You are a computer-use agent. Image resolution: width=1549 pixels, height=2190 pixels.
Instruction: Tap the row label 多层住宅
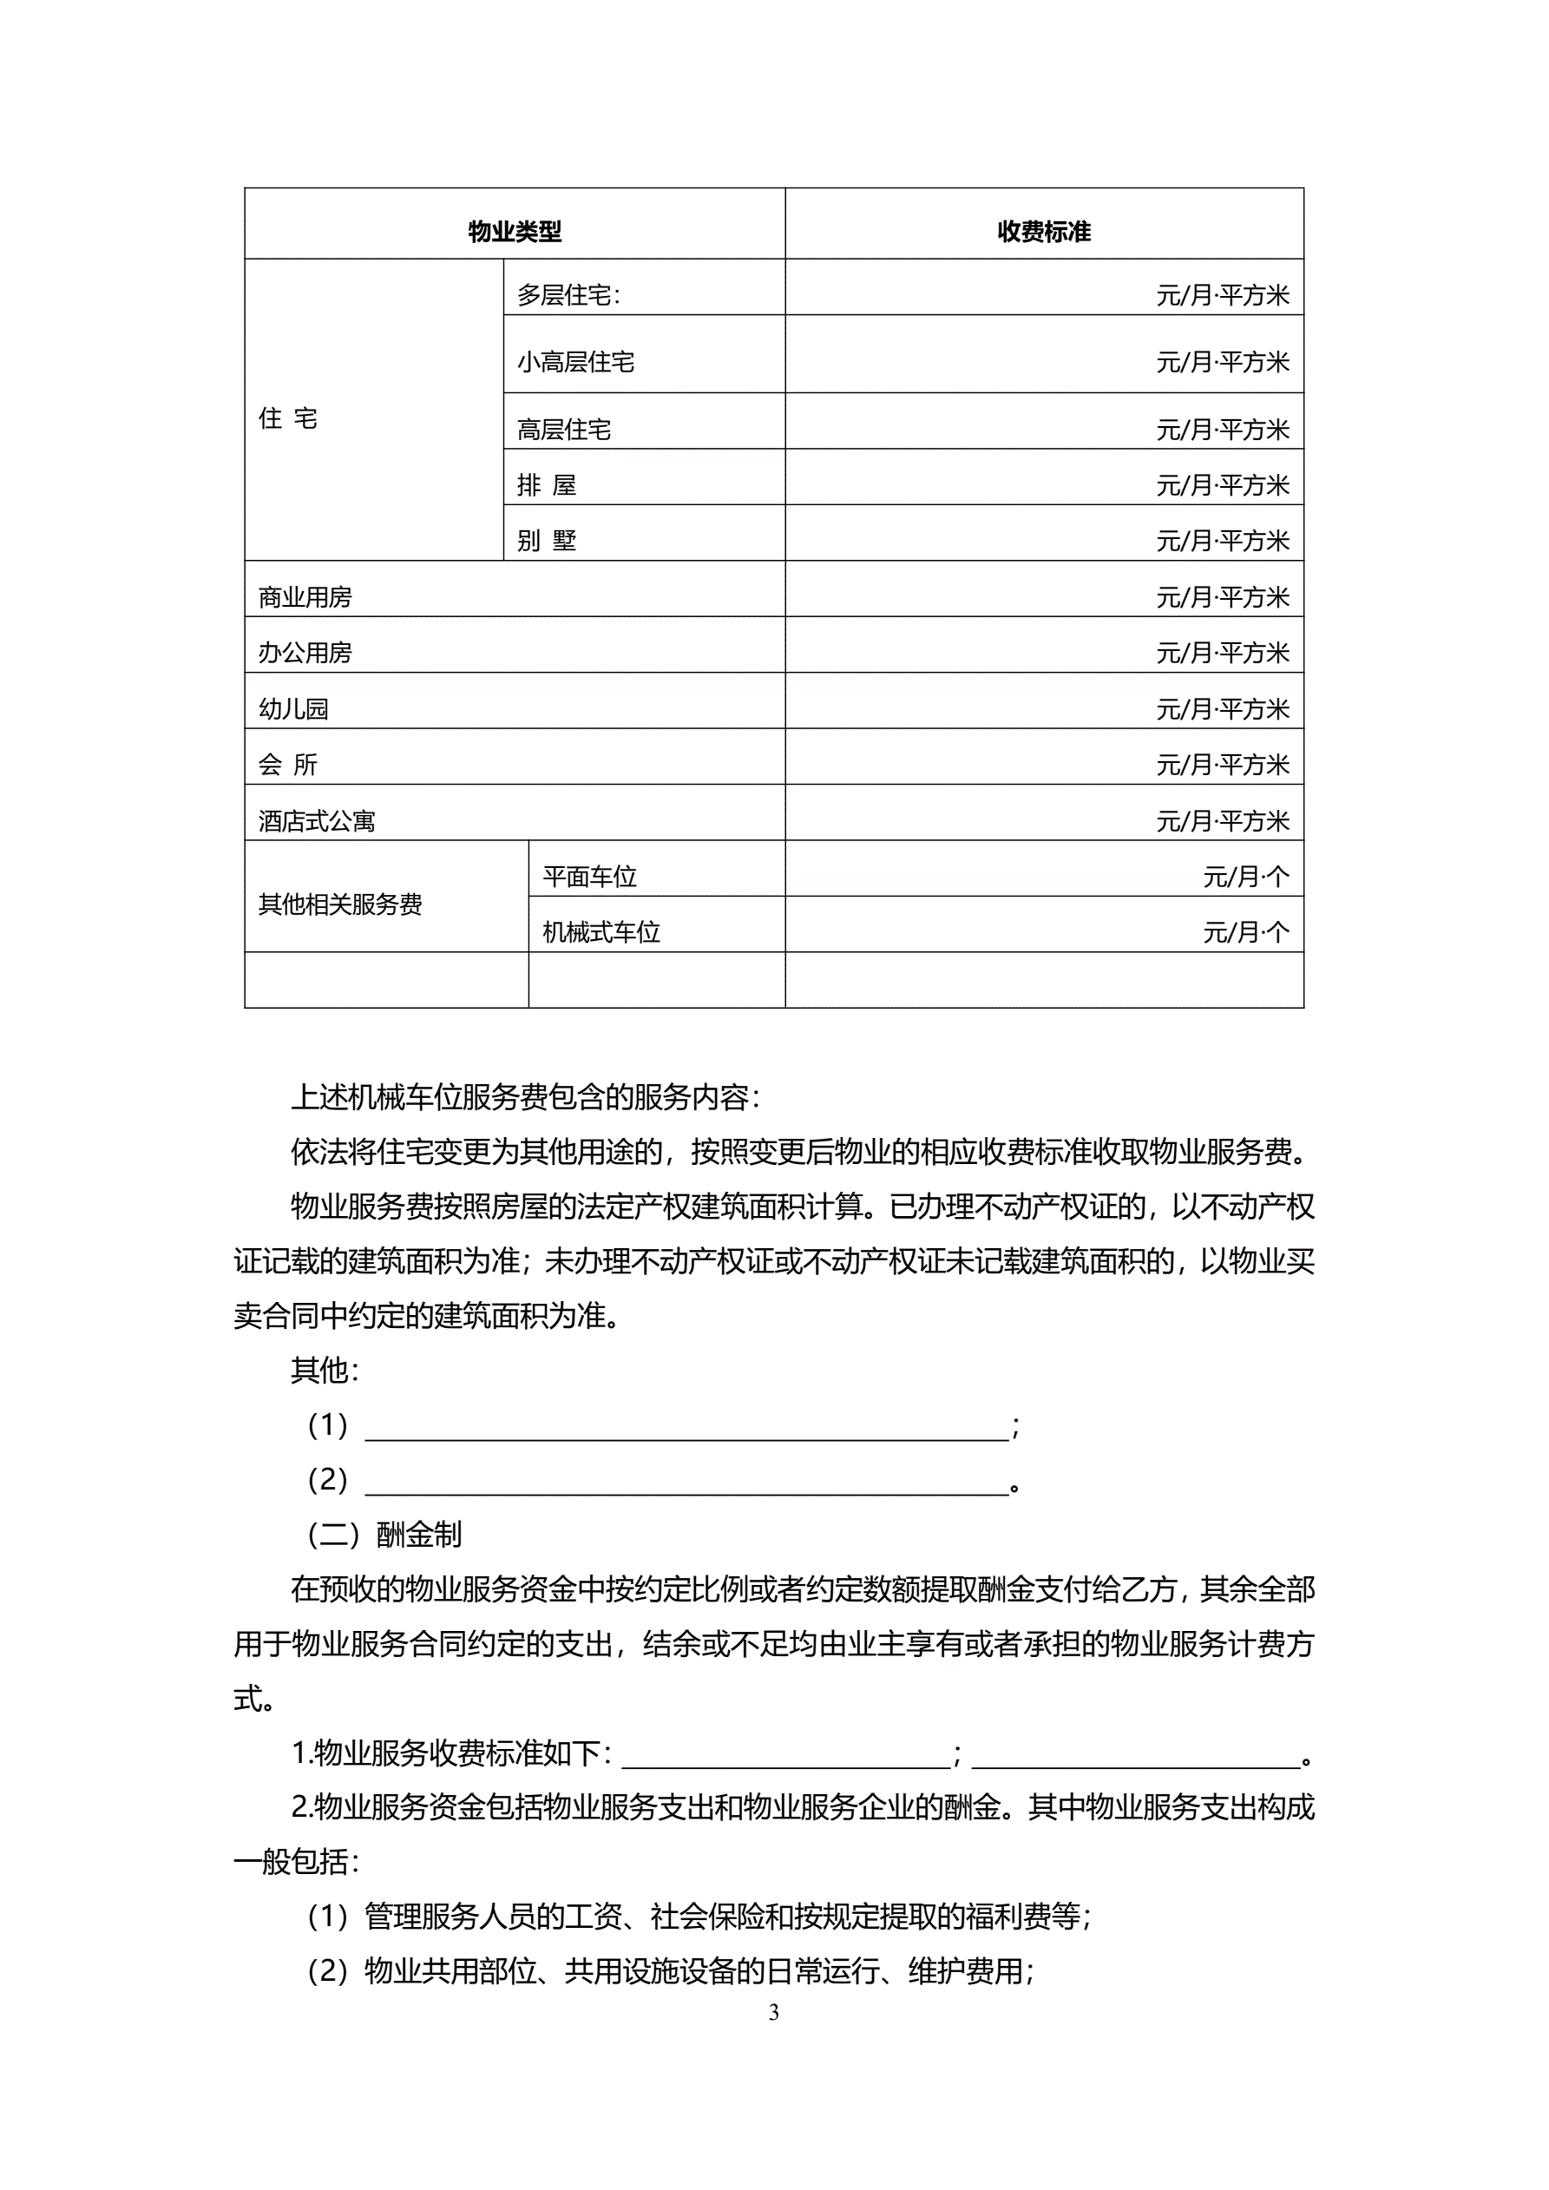[x=568, y=296]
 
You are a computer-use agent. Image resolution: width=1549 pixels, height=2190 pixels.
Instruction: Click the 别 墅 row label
[x=547, y=541]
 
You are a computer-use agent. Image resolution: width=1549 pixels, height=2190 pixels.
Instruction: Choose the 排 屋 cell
[x=547, y=485]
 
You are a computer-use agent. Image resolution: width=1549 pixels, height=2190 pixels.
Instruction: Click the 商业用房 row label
[x=305, y=597]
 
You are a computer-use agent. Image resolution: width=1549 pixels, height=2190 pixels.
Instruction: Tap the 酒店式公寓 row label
[x=317, y=820]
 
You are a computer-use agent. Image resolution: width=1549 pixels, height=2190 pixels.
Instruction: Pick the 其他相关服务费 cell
[x=340, y=904]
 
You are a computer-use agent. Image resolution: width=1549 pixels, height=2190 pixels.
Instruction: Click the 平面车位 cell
[x=589, y=876]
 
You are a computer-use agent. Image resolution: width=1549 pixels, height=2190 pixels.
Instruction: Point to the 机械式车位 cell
[x=601, y=932]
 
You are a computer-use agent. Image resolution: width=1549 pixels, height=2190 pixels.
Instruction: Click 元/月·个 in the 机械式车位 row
[x=1245, y=932]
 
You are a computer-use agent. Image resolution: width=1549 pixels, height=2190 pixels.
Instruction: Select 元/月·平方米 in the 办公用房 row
[x=1223, y=653]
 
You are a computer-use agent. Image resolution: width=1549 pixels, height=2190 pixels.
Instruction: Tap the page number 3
[x=773, y=2012]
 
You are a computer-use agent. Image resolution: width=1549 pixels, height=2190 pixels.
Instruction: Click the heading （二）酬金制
[x=384, y=1535]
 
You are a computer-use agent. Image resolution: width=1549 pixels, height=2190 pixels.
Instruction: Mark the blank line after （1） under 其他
[x=686, y=1427]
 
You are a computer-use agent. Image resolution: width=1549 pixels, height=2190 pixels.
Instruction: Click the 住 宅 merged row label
[x=288, y=418]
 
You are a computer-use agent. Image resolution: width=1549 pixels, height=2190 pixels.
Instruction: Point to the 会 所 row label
[x=288, y=764]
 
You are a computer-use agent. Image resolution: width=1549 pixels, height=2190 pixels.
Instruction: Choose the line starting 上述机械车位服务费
[x=526, y=1098]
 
